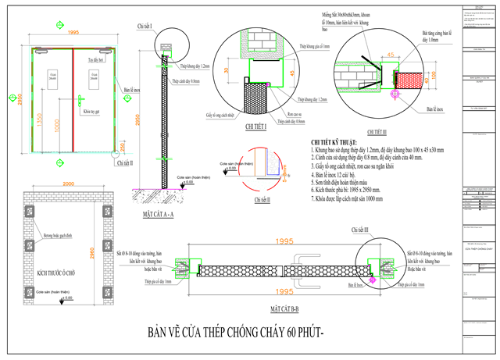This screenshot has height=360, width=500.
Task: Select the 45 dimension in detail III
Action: [x=386, y=55]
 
